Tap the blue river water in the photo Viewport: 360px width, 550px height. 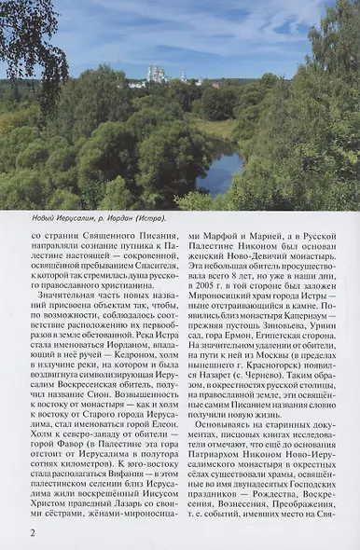tap(220, 174)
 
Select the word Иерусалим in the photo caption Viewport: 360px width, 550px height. tap(67, 219)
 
